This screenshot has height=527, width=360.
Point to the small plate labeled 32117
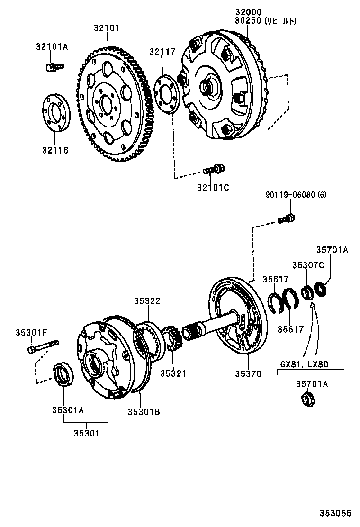166,93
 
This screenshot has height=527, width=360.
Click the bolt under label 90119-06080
286,218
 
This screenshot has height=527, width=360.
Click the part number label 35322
146,300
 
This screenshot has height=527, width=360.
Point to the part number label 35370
247,374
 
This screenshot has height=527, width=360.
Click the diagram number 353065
335,513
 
